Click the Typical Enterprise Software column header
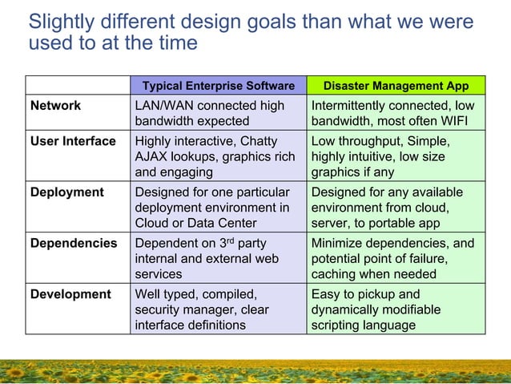[x=218, y=86]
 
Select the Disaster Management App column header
[x=396, y=86]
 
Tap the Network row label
[x=55, y=106]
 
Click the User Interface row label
[x=73, y=141]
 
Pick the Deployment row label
[x=67, y=192]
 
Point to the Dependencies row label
[x=74, y=243]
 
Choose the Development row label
[x=70, y=294]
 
